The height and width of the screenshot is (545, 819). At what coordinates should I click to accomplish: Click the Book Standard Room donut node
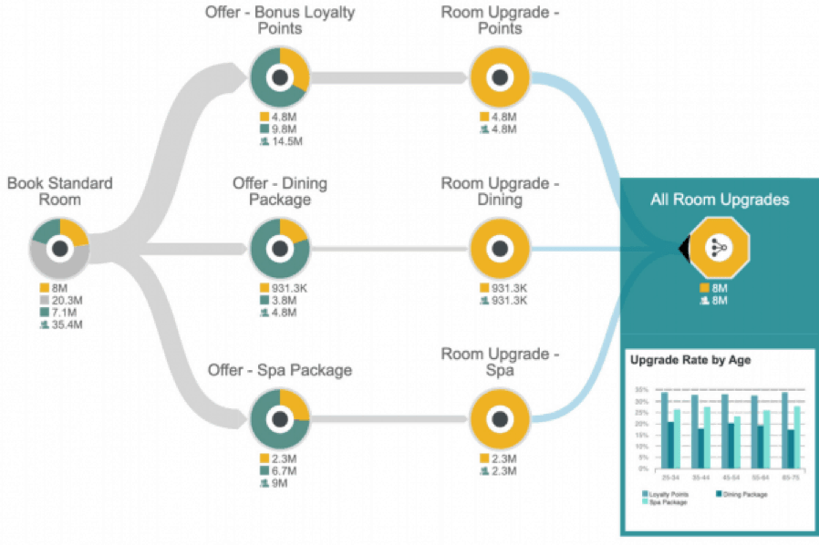click(x=60, y=248)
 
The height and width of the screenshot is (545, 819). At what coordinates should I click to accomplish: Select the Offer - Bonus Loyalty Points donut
click(x=280, y=78)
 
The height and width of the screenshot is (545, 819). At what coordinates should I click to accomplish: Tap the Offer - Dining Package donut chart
click(x=280, y=248)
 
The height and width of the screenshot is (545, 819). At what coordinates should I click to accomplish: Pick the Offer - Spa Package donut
click(x=280, y=419)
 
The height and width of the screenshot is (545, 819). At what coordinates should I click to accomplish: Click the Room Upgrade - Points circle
click(x=499, y=78)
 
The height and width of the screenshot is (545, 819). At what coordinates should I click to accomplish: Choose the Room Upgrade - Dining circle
click(x=499, y=248)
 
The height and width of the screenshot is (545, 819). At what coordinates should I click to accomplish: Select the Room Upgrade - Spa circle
click(x=499, y=419)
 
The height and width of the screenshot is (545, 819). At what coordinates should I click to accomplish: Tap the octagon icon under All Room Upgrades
click(x=719, y=247)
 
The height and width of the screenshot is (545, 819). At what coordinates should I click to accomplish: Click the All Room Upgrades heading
click(x=720, y=200)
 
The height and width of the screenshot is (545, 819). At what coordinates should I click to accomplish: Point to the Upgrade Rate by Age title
click(x=690, y=359)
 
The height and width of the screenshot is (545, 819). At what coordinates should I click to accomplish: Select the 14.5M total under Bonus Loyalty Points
click(x=285, y=141)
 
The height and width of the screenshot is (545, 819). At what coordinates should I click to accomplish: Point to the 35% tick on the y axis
click(x=642, y=389)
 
